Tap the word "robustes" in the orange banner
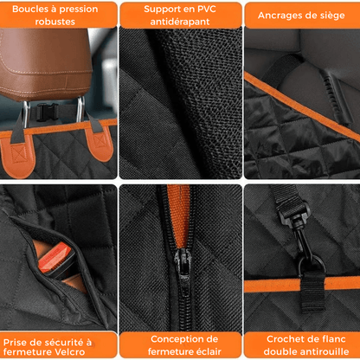55,22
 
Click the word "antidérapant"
180,22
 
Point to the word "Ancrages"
277,16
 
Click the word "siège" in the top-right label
332,16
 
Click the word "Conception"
175,339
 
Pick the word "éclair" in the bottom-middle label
206,351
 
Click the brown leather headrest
45,63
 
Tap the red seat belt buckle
54,257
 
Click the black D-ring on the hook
312,266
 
